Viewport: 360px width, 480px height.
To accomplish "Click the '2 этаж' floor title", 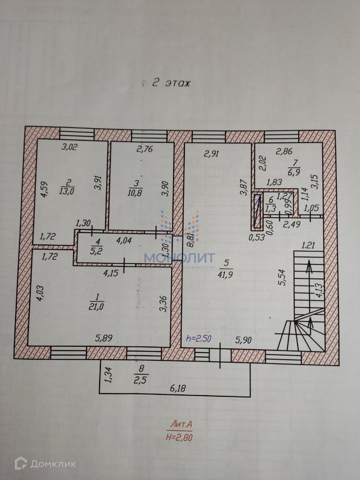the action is click(171, 83).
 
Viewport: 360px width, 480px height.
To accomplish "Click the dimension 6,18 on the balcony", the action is click(178, 388).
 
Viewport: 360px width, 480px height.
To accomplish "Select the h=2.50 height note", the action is click(199, 338).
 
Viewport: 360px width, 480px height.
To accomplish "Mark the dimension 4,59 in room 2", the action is click(44, 190).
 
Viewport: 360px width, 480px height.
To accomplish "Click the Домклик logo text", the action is click(53, 464).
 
